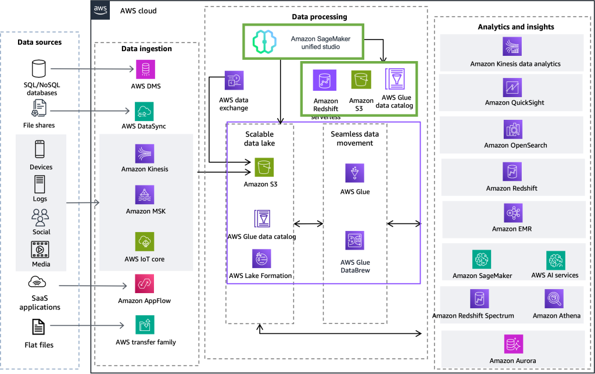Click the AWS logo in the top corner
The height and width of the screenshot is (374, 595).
tap(101, 9)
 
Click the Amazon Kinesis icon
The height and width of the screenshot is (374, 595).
tap(145, 154)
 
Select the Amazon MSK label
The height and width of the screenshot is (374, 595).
tap(145, 211)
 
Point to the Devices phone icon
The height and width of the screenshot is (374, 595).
tap(40, 149)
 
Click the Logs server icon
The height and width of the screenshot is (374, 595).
tap(40, 184)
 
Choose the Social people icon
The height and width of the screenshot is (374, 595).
tap(41, 218)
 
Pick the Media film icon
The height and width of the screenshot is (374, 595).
tap(40, 250)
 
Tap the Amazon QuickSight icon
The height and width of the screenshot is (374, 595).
tap(512, 87)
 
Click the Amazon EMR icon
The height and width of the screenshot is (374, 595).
tap(513, 213)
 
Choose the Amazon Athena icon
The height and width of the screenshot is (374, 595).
tap(554, 299)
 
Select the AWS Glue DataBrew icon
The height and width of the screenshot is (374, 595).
tap(355, 240)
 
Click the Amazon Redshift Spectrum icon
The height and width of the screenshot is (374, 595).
tap(479, 299)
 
